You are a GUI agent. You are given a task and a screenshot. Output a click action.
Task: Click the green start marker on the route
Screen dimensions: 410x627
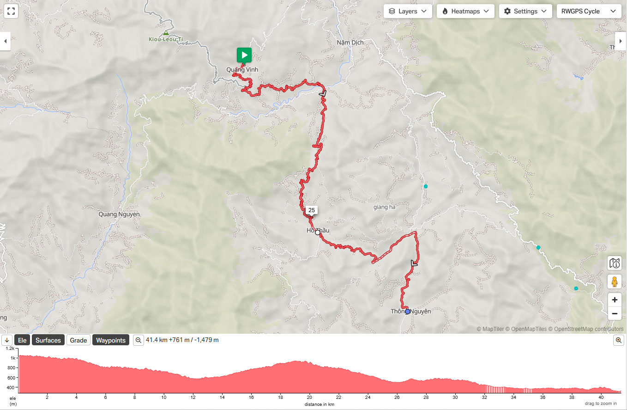[x=244, y=55]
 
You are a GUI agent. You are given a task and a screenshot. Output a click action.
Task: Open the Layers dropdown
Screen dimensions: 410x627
[x=408, y=11]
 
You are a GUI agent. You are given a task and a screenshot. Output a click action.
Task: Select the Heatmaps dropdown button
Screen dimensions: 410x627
[x=465, y=11]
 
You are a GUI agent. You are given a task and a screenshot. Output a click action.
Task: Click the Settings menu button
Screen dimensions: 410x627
[x=525, y=11]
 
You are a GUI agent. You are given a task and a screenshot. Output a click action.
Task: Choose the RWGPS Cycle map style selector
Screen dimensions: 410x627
[x=589, y=11]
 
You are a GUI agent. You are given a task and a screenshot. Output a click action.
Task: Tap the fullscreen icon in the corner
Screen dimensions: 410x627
[x=11, y=11]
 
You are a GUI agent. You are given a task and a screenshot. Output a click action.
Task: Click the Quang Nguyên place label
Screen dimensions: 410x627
[x=119, y=214]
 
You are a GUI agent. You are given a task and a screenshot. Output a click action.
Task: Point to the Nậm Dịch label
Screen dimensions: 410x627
[x=350, y=43]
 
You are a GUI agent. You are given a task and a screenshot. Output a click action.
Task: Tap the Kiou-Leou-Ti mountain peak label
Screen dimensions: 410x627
[x=166, y=39]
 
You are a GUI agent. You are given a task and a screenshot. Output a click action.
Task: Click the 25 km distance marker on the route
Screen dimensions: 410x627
[x=312, y=210]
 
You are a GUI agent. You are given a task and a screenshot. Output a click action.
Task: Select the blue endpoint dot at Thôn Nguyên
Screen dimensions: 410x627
[x=407, y=312]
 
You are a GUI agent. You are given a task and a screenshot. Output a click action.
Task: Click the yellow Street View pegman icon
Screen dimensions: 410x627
[x=615, y=281]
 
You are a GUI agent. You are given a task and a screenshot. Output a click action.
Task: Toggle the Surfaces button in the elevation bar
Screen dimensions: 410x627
[x=48, y=340]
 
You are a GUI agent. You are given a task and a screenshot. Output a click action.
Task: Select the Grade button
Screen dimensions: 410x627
[x=78, y=340]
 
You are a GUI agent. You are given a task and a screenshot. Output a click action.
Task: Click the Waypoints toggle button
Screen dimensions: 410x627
[x=111, y=340]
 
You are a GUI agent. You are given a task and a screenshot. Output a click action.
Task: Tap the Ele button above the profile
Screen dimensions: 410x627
[x=22, y=340]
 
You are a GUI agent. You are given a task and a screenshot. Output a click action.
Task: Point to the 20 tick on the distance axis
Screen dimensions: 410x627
[x=309, y=397]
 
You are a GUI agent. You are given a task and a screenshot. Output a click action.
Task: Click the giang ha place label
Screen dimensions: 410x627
[x=385, y=207]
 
